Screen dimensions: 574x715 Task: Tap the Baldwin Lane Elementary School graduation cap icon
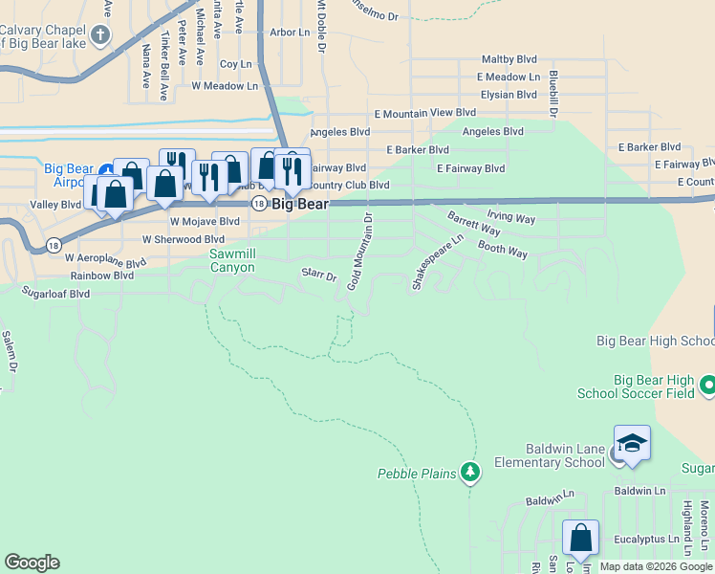click(x=632, y=443)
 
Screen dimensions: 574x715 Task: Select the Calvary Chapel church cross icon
click(x=99, y=37)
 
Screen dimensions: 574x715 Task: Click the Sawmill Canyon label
click(x=233, y=260)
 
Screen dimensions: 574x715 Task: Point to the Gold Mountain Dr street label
click(x=360, y=253)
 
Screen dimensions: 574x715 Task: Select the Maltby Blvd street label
click(x=510, y=59)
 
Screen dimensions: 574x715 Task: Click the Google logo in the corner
click(x=32, y=563)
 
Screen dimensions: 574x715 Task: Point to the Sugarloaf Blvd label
click(x=56, y=294)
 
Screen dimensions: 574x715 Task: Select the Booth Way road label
click(x=503, y=251)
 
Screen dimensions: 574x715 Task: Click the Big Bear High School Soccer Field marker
click(x=707, y=386)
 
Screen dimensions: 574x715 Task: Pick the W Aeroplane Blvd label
click(x=105, y=258)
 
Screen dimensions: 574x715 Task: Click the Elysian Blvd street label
click(x=509, y=95)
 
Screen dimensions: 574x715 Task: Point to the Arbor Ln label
click(x=291, y=32)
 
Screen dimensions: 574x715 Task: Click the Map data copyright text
click(x=656, y=566)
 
